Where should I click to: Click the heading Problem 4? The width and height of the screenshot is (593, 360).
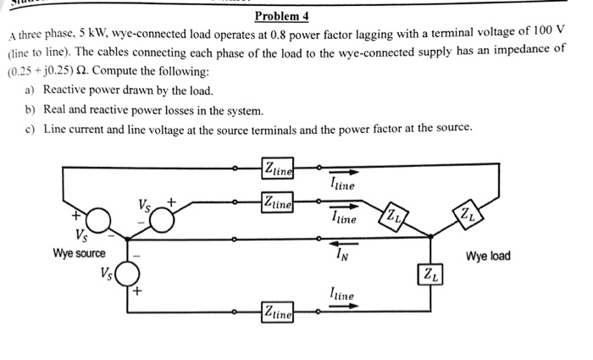click(x=282, y=16)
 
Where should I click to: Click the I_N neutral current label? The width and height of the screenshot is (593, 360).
click(x=340, y=252)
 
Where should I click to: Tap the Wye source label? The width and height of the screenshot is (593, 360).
click(x=79, y=254)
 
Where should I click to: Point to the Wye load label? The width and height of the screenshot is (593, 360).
click(x=488, y=256)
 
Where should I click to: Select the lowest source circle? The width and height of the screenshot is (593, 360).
click(x=127, y=274)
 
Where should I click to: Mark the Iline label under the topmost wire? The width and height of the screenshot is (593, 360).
click(x=341, y=185)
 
